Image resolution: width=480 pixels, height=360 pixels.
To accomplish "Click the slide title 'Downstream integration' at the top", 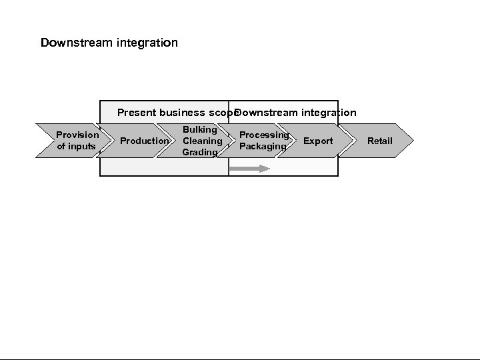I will pos(109,43).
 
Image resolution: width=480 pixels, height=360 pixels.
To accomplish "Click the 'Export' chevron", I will pos(318,141).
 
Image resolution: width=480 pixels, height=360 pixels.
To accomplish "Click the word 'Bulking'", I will pos(200,129).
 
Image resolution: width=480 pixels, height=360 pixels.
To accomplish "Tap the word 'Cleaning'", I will pos(202,141).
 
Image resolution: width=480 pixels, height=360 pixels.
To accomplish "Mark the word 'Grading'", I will pos(200,152).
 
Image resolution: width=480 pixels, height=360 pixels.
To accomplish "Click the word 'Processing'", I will pos(264,135).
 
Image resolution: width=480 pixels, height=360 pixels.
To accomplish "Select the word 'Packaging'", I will pos(263,146).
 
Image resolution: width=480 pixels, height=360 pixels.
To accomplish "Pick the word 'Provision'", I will pos(77,135).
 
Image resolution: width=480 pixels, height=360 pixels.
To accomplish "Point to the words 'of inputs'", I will pos(77,146).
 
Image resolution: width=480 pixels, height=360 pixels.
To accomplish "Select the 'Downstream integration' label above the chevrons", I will pos(296,113).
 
